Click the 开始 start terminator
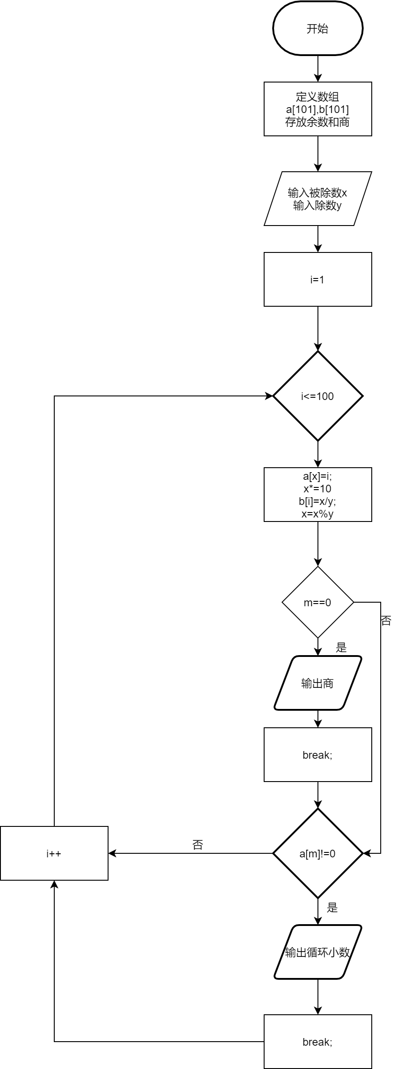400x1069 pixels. click(317, 28)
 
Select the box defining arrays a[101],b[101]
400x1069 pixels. click(317, 109)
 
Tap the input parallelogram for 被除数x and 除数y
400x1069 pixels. click(317, 199)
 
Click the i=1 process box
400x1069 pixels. click(317, 279)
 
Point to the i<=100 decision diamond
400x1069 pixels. click(317, 396)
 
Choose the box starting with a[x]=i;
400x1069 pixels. click(317, 495)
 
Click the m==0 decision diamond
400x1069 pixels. click(317, 602)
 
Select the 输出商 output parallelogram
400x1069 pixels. click(317, 683)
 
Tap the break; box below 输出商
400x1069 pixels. click(317, 755)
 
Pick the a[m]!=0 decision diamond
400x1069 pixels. click(317, 853)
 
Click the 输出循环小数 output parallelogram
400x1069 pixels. click(317, 952)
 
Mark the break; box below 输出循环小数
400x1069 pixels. click(317, 1042)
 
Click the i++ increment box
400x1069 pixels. click(54, 853)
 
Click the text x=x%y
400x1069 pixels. click(317, 514)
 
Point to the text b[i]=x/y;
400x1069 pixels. click(317, 501)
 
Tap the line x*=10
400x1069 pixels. click(317, 489)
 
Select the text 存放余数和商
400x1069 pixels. click(317, 122)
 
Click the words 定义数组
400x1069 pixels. click(317, 96)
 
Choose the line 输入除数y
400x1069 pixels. click(317, 205)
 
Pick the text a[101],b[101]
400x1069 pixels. click(317, 109)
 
